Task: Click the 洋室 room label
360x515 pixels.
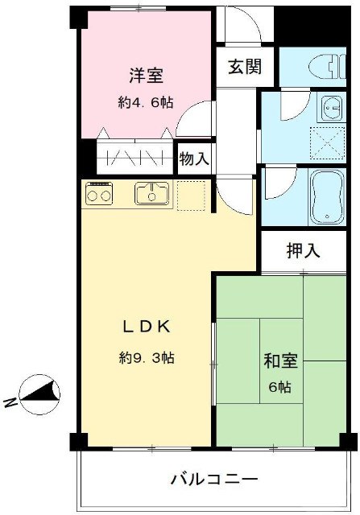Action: point(146,76)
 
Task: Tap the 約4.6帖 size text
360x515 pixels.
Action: point(146,102)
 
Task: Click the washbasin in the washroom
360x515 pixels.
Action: point(330,105)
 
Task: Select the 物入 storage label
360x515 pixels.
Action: point(194,159)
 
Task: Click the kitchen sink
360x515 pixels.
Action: point(151,193)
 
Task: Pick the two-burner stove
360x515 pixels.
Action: point(99,194)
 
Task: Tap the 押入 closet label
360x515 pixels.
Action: point(303,250)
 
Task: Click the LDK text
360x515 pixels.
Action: point(146,326)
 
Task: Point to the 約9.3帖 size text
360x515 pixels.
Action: point(146,357)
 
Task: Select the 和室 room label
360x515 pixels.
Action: point(280,360)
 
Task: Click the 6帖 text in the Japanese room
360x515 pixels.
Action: point(280,386)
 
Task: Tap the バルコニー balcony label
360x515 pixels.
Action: point(213,479)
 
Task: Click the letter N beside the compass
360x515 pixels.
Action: point(10,403)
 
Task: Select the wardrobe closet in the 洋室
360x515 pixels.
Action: point(134,157)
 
